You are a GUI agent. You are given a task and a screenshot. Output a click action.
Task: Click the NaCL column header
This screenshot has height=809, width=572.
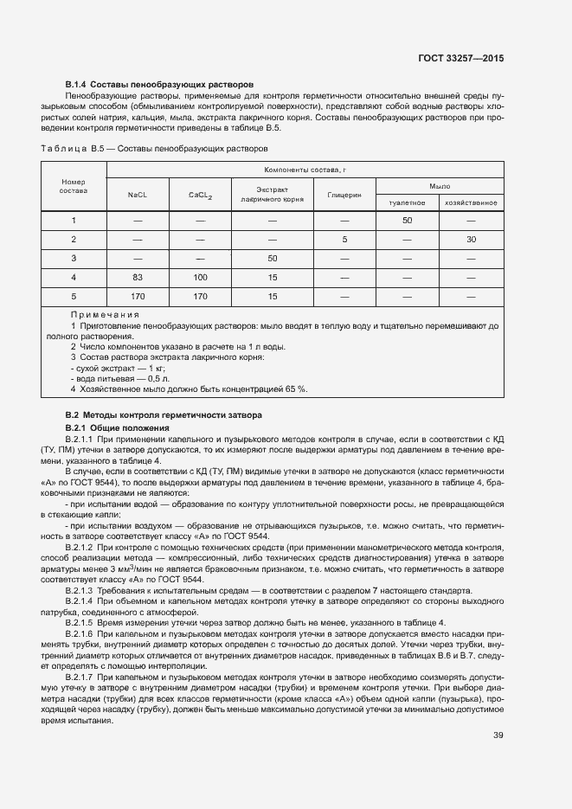click(x=138, y=195)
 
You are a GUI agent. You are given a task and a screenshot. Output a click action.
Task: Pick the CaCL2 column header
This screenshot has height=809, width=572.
click(x=201, y=195)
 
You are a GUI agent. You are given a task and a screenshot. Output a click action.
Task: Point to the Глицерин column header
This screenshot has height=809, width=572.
click(x=344, y=195)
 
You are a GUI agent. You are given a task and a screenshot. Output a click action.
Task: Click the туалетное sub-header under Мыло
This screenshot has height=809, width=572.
click(x=407, y=202)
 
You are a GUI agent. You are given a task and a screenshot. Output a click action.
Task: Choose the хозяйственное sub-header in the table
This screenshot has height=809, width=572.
click(x=471, y=202)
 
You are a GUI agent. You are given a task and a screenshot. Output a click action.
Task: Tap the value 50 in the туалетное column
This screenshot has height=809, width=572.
click(x=407, y=221)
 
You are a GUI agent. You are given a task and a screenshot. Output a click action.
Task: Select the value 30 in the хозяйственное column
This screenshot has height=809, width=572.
click(x=471, y=239)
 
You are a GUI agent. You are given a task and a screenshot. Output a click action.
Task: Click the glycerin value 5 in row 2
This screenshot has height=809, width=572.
click(x=344, y=239)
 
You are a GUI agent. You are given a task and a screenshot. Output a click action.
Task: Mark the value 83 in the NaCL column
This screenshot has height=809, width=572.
click(x=138, y=277)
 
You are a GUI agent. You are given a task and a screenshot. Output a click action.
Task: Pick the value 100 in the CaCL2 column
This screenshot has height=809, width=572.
click(x=201, y=277)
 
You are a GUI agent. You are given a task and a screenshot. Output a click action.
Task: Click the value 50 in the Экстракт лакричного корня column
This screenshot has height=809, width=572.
click(x=272, y=258)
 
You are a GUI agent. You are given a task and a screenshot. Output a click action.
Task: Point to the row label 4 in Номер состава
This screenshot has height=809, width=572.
click(x=74, y=277)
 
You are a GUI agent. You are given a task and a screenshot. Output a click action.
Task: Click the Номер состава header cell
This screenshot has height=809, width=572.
click(x=74, y=186)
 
